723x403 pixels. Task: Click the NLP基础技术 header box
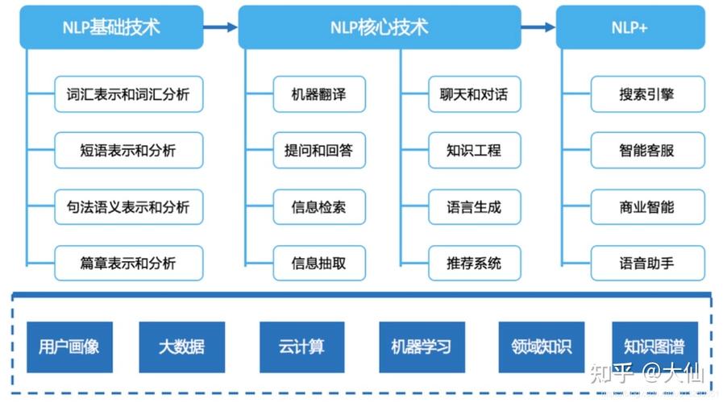(111, 27)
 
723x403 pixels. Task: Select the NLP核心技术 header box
(379, 27)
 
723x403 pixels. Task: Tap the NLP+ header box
(630, 27)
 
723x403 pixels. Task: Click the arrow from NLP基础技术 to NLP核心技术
(220, 27)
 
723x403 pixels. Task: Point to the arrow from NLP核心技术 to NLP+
(538, 27)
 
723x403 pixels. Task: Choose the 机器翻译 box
(319, 94)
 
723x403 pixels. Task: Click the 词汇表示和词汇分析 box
(128, 94)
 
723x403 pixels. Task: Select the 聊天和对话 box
(474, 94)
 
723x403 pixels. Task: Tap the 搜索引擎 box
(647, 94)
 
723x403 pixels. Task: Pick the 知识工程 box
(474, 151)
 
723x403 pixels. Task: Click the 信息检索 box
(319, 207)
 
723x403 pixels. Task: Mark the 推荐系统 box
(474, 264)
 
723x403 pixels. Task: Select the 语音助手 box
(647, 264)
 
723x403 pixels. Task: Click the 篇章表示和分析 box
(128, 264)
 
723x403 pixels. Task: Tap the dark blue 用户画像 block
(69, 347)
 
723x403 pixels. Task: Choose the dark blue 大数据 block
(181, 347)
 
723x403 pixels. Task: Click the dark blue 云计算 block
(301, 347)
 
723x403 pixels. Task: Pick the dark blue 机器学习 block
(422, 347)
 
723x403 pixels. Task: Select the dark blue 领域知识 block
(541, 347)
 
